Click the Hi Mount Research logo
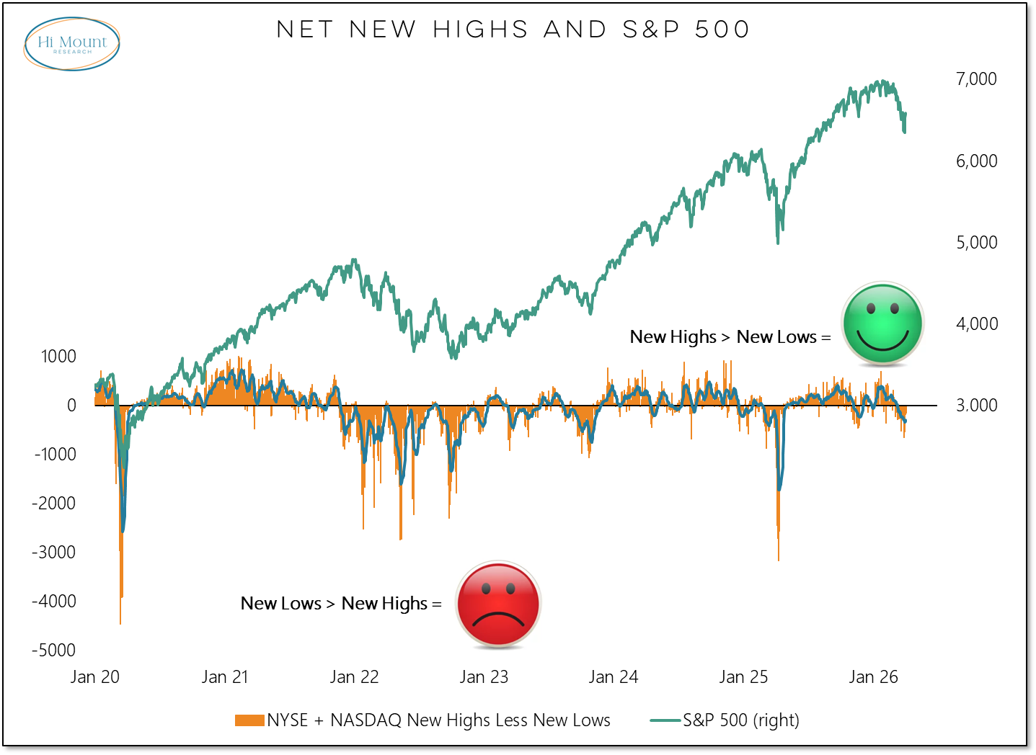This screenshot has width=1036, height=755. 71,44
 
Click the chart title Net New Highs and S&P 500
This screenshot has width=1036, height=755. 513,30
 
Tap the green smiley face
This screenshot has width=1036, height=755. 882,323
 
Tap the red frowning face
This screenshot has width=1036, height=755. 498,604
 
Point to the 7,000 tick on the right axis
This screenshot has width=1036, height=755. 976,79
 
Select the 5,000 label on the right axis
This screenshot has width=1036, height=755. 976,243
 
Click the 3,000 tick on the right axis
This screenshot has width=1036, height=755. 976,405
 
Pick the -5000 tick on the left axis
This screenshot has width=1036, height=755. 53,650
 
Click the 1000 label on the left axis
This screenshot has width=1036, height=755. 58,356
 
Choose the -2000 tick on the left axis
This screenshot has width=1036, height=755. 53,503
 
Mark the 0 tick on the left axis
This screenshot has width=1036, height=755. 71,405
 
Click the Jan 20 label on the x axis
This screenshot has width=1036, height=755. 95,677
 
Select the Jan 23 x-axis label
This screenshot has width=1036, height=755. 484,677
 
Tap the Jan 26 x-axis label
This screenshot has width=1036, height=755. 873,677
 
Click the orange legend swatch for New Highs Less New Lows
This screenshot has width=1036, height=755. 249,720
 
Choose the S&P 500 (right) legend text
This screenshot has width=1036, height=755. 741,720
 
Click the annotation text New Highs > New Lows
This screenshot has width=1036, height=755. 723,337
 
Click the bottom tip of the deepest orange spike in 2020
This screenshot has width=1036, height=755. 120,624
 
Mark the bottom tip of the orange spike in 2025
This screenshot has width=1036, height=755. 779,561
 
